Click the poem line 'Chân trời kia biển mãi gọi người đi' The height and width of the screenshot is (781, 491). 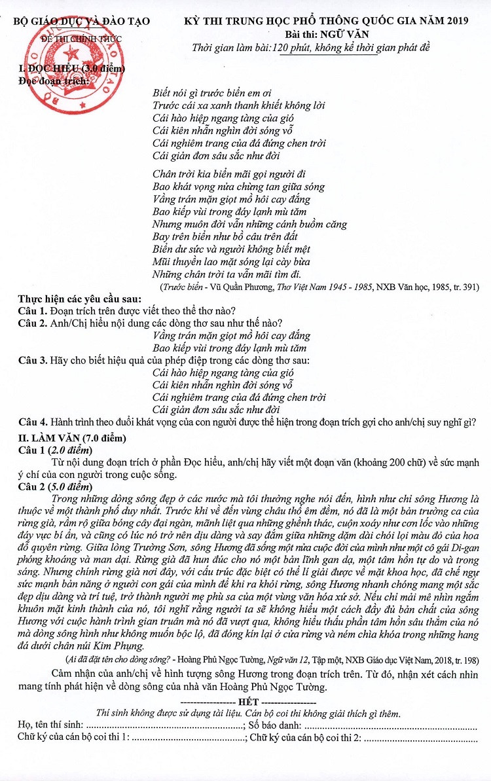229,174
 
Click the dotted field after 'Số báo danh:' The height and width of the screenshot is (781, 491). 390,726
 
